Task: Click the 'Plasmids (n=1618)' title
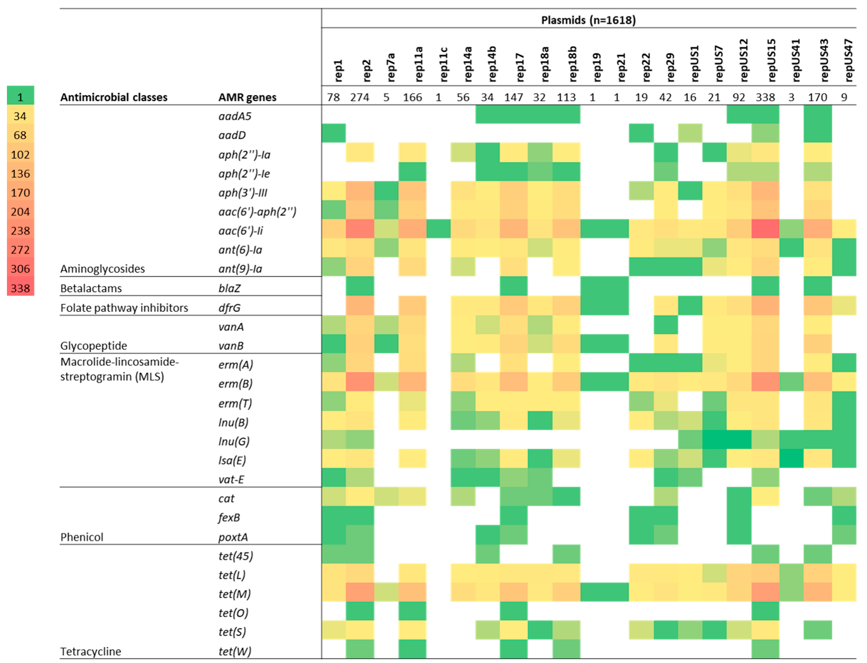click(588, 20)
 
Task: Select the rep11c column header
click(443, 64)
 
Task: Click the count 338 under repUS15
click(765, 97)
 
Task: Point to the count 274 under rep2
click(360, 97)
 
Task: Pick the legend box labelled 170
click(20, 193)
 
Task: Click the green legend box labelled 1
click(20, 97)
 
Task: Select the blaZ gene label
click(229, 288)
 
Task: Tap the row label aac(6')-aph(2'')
click(257, 212)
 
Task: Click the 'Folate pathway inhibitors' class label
click(124, 308)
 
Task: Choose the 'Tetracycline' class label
click(90, 651)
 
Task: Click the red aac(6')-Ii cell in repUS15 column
click(765, 231)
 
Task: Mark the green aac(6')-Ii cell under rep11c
click(439, 231)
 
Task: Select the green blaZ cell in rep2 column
click(360, 286)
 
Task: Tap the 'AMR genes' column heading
click(247, 97)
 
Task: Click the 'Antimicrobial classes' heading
click(114, 97)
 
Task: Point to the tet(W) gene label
click(235, 651)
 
